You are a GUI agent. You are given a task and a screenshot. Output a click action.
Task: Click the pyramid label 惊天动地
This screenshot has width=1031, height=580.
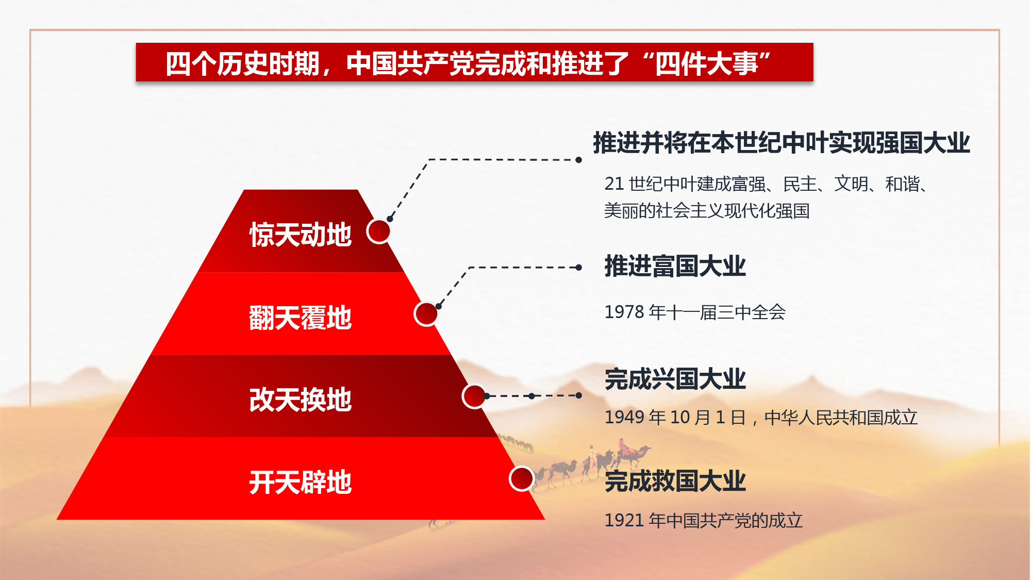pyautogui.click(x=301, y=235)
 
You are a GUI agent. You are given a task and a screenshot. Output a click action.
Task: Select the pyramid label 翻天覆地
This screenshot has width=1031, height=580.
pyautogui.click(x=301, y=317)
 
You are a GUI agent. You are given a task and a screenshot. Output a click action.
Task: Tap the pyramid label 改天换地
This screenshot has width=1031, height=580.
pyautogui.click(x=301, y=400)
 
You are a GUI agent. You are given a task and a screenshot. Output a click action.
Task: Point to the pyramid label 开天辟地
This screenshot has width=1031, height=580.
pyautogui.click(x=301, y=482)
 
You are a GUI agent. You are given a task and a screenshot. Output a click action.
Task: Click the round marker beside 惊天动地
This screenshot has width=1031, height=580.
pyautogui.click(x=379, y=231)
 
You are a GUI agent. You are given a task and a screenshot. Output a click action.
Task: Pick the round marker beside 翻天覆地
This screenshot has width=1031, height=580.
pyautogui.click(x=426, y=313)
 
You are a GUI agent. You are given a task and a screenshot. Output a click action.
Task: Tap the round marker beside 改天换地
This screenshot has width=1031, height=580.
pyautogui.click(x=474, y=396)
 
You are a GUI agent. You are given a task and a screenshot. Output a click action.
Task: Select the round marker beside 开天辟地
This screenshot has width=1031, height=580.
pyautogui.click(x=522, y=478)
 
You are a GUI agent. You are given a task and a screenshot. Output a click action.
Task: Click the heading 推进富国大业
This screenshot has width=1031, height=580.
pyautogui.click(x=675, y=266)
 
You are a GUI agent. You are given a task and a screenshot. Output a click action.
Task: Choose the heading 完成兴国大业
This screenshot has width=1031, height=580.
pyautogui.click(x=675, y=379)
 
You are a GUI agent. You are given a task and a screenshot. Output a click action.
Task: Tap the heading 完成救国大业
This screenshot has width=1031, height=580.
pyautogui.click(x=675, y=481)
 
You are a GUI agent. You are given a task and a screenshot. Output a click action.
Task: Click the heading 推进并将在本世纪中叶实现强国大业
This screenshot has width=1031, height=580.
pyautogui.click(x=781, y=143)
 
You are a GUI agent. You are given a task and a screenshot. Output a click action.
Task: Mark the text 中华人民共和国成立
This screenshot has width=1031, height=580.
pyautogui.click(x=841, y=417)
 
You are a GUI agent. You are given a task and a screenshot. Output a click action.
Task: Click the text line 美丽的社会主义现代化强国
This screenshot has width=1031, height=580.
pyautogui.click(x=707, y=211)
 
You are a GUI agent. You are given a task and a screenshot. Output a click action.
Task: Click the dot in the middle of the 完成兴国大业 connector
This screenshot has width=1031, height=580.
pyautogui.click(x=532, y=396)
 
